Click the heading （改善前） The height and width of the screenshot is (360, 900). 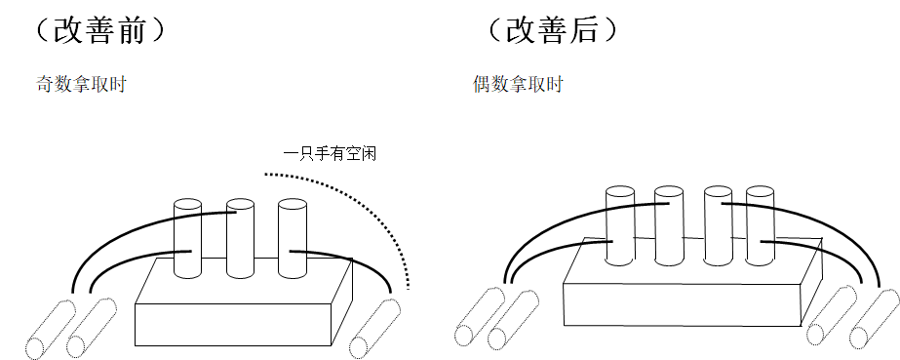pyautogui.click(x=99, y=30)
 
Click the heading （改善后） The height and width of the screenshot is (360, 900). pyautogui.click(x=552, y=30)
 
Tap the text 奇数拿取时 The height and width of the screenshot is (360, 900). pyautogui.click(x=81, y=85)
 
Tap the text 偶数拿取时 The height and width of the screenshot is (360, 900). pyautogui.click(x=518, y=85)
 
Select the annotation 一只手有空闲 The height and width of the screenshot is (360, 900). pyautogui.click(x=330, y=154)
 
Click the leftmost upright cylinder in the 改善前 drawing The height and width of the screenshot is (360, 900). pyautogui.click(x=187, y=238)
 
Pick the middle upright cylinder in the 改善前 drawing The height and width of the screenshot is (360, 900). pyautogui.click(x=240, y=238)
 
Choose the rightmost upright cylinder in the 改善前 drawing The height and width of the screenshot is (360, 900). pyautogui.click(x=293, y=238)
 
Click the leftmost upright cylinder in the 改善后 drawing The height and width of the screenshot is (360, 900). pyautogui.click(x=620, y=225)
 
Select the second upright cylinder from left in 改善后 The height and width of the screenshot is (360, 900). pyautogui.click(x=669, y=225)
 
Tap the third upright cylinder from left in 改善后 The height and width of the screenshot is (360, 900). pyautogui.click(x=718, y=225)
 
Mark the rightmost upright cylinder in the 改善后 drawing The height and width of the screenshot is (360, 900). pyautogui.click(x=761, y=225)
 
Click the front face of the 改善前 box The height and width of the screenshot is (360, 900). pyautogui.click(x=233, y=325)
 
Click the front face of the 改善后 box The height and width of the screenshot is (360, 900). pyautogui.click(x=683, y=305)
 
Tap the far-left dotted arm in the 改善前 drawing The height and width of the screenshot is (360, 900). pyautogui.click(x=51, y=329)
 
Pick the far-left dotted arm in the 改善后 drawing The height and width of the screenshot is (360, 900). pyautogui.click(x=480, y=316)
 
